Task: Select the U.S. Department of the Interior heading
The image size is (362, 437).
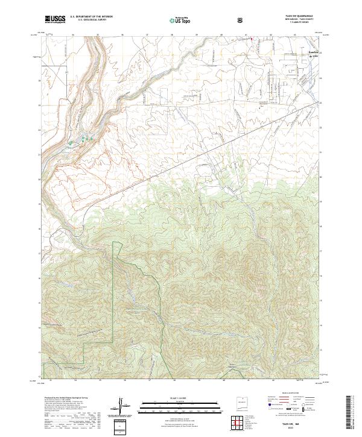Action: click(91, 17)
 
